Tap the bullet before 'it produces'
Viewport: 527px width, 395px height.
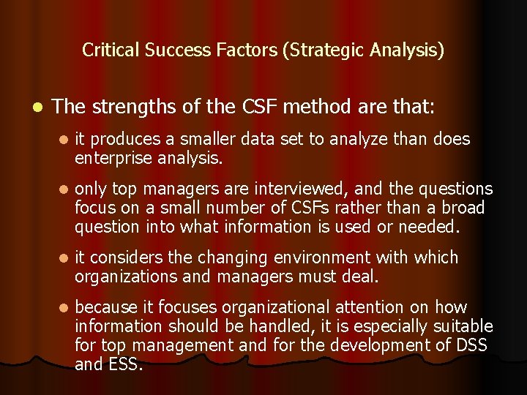pyautogui.click(x=64, y=140)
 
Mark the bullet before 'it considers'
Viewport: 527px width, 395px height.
pyautogui.click(x=64, y=258)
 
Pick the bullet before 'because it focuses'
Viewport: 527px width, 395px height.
pyautogui.click(x=64, y=308)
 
